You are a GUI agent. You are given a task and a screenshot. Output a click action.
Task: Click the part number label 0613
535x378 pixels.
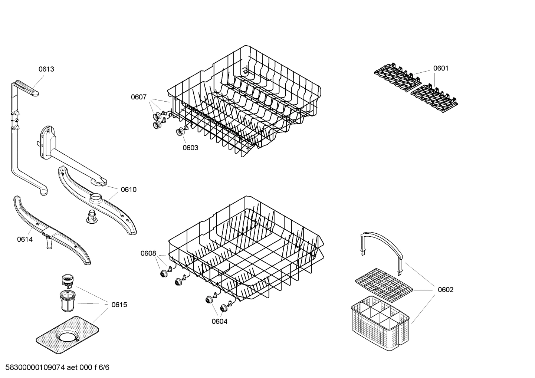point(46,69)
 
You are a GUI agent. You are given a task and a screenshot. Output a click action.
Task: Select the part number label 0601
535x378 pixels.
point(441,68)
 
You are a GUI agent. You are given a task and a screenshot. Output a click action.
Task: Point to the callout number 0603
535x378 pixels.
point(190,148)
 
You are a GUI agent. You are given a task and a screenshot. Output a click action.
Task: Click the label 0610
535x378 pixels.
point(128,190)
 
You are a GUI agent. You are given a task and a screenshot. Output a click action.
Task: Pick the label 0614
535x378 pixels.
point(25,240)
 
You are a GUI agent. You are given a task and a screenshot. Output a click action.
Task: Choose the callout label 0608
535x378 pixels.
point(148,253)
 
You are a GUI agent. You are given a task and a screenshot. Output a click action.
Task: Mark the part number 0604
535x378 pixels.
point(219,322)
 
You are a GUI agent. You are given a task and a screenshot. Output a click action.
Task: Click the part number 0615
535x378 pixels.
point(119,305)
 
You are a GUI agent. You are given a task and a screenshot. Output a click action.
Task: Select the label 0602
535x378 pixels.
point(445,290)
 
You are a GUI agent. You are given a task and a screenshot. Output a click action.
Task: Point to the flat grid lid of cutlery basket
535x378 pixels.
point(384,283)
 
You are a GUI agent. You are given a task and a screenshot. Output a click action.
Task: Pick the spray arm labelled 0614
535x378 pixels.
point(52,230)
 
